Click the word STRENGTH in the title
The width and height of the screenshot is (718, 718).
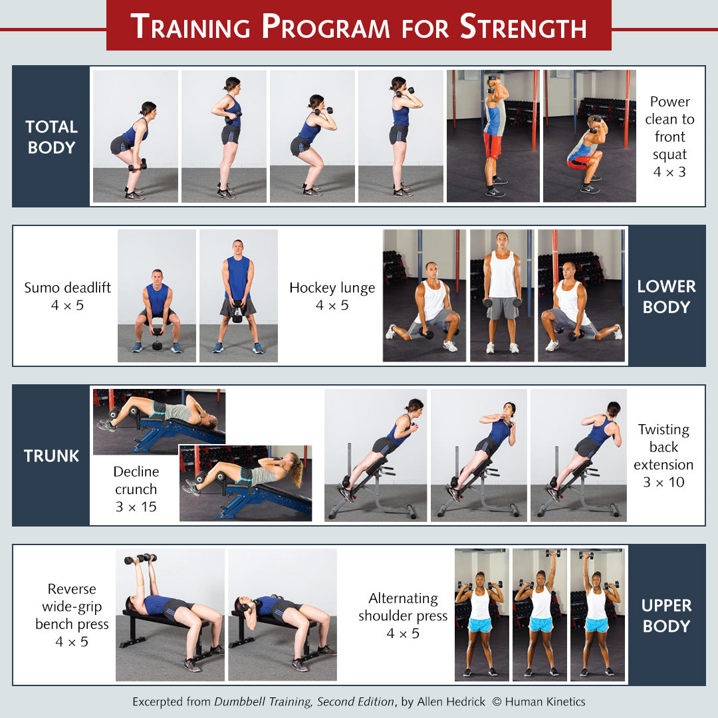click(523, 27)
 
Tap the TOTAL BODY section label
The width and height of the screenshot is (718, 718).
click(51, 137)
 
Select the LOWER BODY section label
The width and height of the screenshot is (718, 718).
click(666, 297)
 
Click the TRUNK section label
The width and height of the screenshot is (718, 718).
click(51, 455)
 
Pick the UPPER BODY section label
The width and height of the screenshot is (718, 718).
click(666, 616)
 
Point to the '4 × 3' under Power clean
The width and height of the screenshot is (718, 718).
click(669, 172)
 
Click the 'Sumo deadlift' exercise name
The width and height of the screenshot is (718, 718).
click(67, 288)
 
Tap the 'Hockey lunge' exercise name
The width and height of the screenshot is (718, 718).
click(332, 288)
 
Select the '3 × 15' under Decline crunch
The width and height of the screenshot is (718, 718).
click(136, 507)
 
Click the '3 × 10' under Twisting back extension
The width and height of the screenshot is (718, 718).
click(663, 482)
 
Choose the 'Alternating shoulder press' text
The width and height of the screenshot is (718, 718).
click(403, 607)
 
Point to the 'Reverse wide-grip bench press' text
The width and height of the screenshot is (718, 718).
click(72, 606)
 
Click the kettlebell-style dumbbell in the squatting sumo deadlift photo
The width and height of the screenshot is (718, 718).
click(157, 338)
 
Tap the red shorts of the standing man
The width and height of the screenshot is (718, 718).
click(493, 144)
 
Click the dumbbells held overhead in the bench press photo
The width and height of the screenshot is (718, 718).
click(140, 558)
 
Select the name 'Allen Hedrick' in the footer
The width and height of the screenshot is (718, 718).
click(451, 702)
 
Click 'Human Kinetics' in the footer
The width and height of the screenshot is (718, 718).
click(545, 702)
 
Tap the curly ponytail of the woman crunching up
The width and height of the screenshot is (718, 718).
click(296, 469)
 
